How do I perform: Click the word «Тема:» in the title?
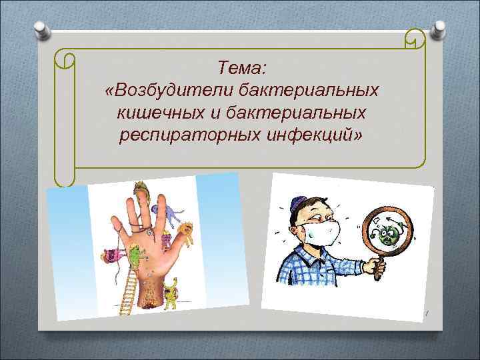click(x=241, y=67)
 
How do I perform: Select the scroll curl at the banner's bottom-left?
click(x=65, y=175)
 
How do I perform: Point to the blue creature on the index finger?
click(x=173, y=214)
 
